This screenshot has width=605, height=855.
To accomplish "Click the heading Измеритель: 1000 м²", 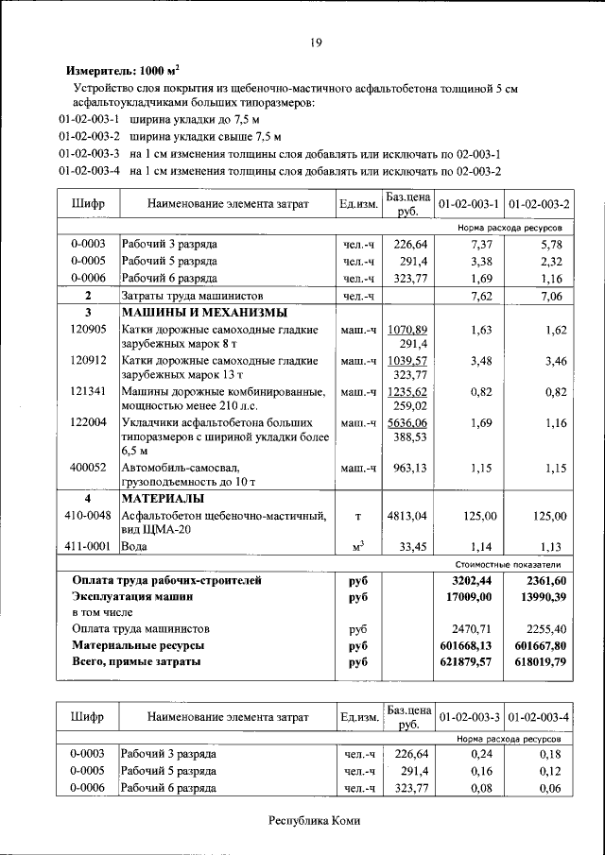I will (122, 71).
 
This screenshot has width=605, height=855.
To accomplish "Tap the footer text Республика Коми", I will (314, 821).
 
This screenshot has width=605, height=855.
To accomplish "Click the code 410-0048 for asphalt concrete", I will (88, 516).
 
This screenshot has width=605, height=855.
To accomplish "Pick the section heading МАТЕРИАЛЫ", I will (163, 498).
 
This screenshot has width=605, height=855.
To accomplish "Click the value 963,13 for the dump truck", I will (411, 468).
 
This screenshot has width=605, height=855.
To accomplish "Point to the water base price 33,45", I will (413, 546).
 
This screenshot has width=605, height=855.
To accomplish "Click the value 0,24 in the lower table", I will (483, 754).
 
